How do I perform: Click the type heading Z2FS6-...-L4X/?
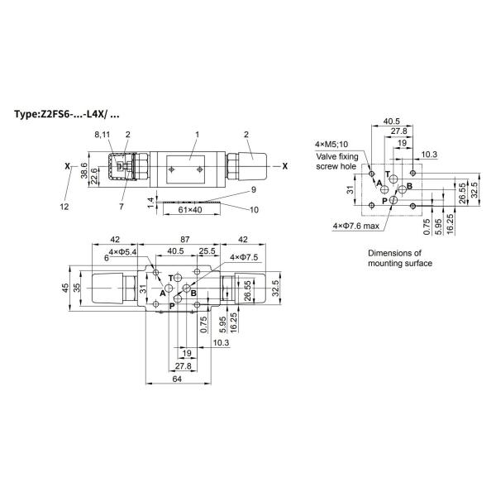pyautogui.click(x=67, y=114)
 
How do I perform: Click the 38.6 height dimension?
pyautogui.click(x=84, y=170)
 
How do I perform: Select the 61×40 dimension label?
pyautogui.click(x=190, y=210)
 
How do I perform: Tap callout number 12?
pyautogui.click(x=64, y=207)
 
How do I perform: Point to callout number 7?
pyautogui.click(x=122, y=207)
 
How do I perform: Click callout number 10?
pyautogui.click(x=254, y=210)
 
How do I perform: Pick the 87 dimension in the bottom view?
pyautogui.click(x=185, y=240)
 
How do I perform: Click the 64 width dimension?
pyautogui.click(x=177, y=379)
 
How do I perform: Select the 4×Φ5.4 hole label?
pyautogui.click(x=122, y=252)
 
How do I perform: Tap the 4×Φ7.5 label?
pyautogui.click(x=244, y=257)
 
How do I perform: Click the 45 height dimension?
pyautogui.click(x=65, y=288)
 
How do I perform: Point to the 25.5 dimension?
pyautogui.click(x=207, y=251)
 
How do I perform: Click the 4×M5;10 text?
pyautogui.click(x=331, y=144)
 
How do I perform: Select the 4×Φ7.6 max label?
pyautogui.click(x=355, y=226)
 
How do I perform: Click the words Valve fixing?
pyautogui.click(x=337, y=156)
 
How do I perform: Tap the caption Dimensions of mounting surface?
pyautogui.click(x=400, y=258)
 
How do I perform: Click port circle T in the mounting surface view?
pyautogui.click(x=393, y=179)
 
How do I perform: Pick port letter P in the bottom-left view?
pyautogui.click(x=172, y=306)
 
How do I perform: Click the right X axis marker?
pyautogui.click(x=285, y=166)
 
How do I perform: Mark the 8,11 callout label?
pyautogui.click(x=103, y=135)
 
